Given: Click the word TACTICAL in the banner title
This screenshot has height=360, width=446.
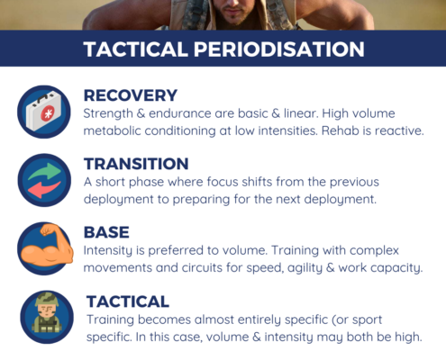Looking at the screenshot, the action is [136, 49].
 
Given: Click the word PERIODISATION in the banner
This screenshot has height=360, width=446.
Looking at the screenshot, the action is [279, 49].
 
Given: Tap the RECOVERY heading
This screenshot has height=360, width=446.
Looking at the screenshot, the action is [131, 95].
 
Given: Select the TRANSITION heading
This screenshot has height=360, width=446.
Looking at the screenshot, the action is [136, 164].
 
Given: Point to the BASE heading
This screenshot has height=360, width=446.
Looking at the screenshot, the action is [106, 232].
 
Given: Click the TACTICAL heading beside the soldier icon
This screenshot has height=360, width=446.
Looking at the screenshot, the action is [128, 301].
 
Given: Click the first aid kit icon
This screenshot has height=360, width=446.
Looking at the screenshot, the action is [44, 111].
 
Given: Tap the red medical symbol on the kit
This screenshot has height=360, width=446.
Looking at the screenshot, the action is [48, 113].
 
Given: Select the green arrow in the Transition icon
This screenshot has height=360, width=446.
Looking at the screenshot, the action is [45, 171].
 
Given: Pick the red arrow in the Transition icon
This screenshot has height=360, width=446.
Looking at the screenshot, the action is [44, 189].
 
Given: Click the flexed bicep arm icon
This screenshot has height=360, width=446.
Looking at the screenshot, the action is [47, 245].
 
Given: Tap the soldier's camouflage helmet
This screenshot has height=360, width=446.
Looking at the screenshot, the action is [47, 298].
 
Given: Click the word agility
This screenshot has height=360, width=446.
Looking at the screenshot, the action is [305, 268].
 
